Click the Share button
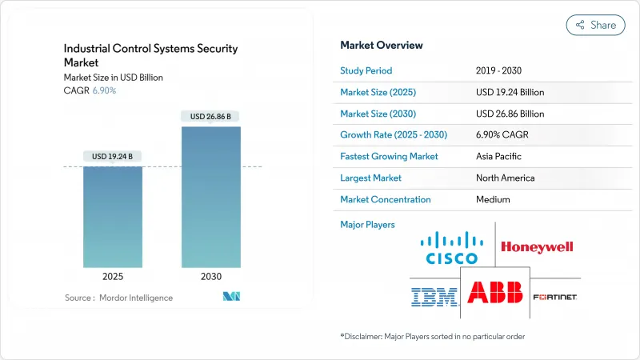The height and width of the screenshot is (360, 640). coord(596,25)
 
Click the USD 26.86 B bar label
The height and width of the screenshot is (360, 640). coord(210,117)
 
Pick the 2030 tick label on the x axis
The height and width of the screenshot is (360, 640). coord(210,276)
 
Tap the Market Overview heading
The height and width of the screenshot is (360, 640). coord(382,46)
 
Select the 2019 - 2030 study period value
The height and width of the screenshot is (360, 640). coord(499,70)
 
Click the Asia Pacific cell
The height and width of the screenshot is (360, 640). coord(498,156)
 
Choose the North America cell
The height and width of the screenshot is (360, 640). coord(504,178)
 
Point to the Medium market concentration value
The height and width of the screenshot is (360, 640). coord(492,199)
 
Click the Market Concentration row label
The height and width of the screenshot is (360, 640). coord(386,199)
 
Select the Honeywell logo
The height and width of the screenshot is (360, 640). coord(537,247)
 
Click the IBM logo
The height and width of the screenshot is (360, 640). coord(434,297)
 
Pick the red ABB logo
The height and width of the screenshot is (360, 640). coord(495,293)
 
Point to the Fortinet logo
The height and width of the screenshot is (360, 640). coord(554,297)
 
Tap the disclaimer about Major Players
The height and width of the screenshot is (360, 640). coord(432,336)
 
